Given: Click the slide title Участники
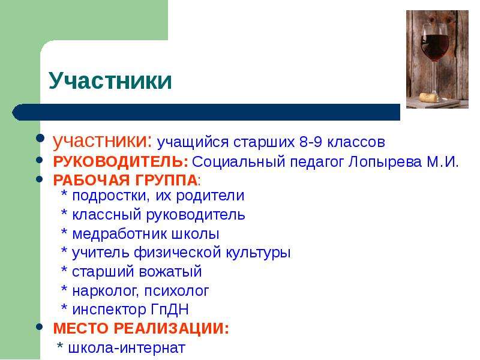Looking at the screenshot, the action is [110, 81].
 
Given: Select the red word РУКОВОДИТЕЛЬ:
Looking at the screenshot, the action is [121, 161].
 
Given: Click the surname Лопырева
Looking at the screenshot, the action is [385, 162].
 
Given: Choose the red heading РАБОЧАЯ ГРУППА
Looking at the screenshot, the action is [125, 180].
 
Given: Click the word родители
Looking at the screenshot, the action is [211, 196].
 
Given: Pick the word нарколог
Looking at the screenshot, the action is [106, 291].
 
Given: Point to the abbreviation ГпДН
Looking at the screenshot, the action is [170, 310].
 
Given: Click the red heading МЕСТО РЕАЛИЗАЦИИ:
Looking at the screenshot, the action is [141, 328].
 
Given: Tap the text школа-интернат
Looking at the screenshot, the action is [127, 348].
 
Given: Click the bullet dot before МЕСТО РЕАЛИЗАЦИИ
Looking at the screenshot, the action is [40, 326].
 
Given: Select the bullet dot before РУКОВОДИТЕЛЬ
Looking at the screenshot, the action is [40, 160].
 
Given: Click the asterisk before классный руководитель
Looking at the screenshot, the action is [64, 212].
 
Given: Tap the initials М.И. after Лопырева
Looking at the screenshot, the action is [443, 162].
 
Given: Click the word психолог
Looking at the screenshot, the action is [176, 291].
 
